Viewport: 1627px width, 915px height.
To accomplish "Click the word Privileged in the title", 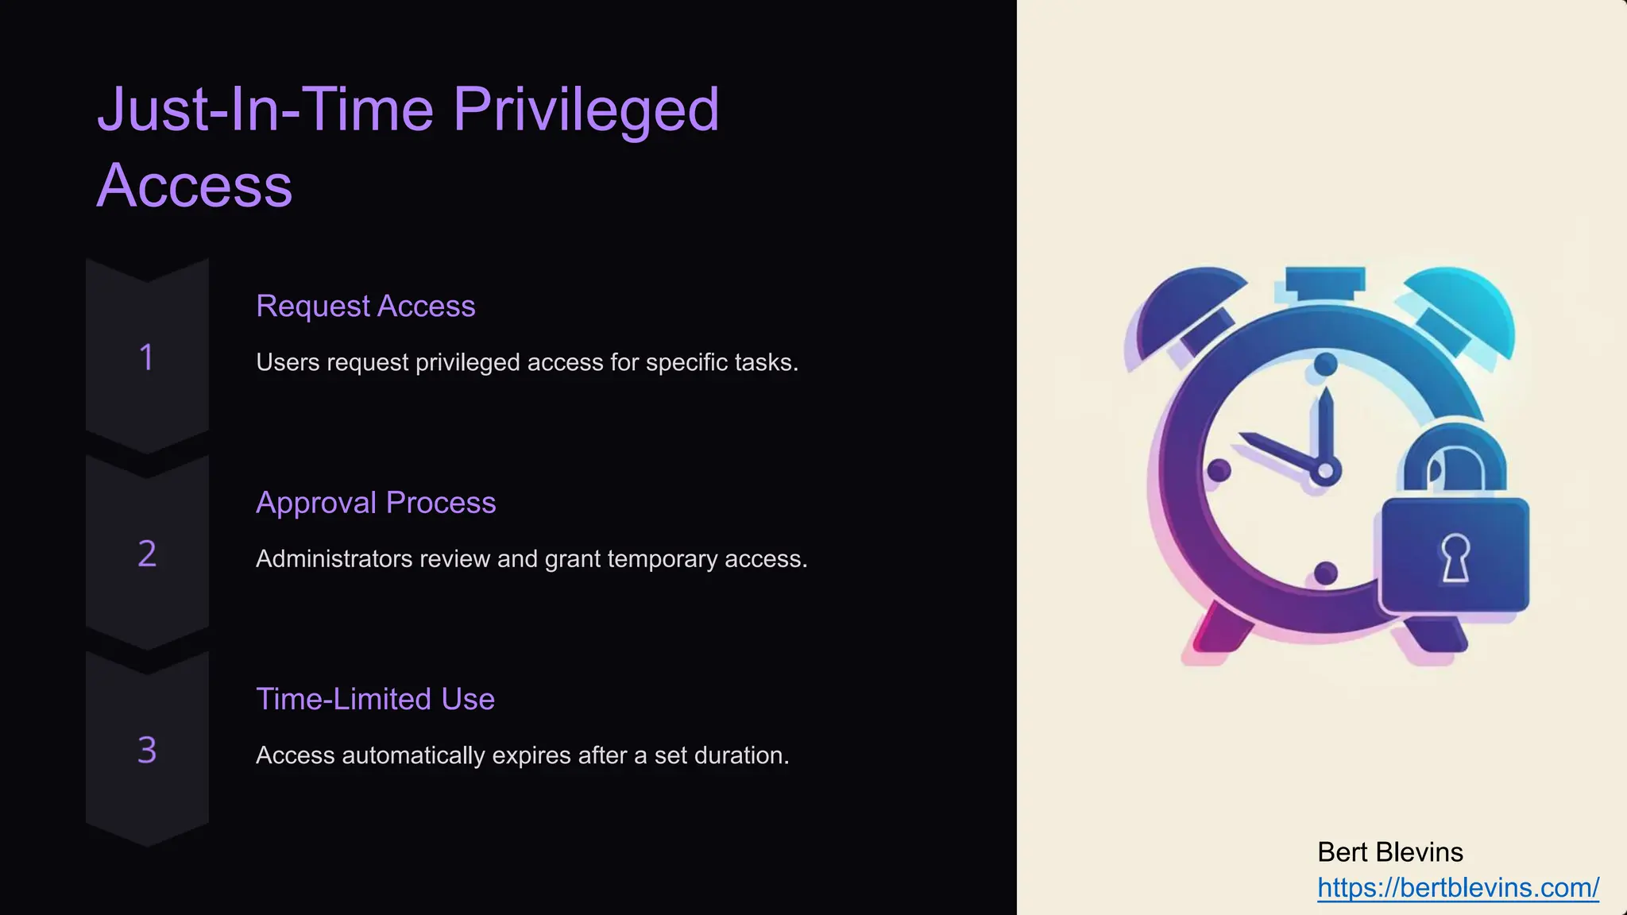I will pyautogui.click(x=585, y=110).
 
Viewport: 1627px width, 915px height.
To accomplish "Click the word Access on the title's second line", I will pyautogui.click(x=195, y=186).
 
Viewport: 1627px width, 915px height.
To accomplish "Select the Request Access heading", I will pyautogui.click(x=365, y=306).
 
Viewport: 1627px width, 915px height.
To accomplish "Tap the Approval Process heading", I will pyautogui.click(x=376, y=503).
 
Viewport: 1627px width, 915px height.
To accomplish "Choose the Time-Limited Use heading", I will pyautogui.click(x=375, y=699).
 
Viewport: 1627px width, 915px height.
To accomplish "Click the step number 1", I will pyautogui.click(x=147, y=357).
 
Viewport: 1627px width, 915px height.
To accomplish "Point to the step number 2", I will pyautogui.click(x=147, y=554).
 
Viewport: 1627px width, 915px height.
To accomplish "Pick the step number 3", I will pyautogui.click(x=147, y=750).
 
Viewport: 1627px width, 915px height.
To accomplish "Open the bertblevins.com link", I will pyautogui.click(x=1458, y=887).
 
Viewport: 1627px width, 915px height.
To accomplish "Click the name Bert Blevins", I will pyautogui.click(x=1390, y=852).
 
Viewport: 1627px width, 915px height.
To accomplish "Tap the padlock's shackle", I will pyautogui.click(x=1455, y=461).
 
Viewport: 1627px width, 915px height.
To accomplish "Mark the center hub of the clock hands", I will pyautogui.click(x=1324, y=471).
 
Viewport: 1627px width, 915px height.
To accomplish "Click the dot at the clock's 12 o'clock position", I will pyautogui.click(x=1325, y=365).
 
